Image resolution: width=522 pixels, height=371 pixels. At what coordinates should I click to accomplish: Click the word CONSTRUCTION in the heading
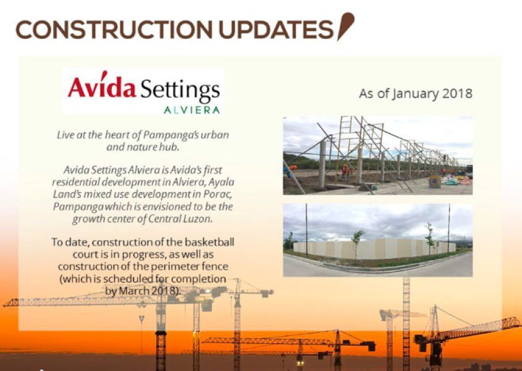coord(114,29)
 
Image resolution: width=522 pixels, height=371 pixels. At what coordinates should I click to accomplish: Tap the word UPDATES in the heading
coord(276,29)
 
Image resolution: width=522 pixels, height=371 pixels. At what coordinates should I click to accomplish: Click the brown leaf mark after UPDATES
coord(345,27)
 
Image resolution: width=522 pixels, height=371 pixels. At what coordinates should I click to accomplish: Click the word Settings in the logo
coord(180,89)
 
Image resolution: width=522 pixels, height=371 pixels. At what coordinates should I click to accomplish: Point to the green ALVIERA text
coord(192,110)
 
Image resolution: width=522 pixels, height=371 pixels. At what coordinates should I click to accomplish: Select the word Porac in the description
coord(219,194)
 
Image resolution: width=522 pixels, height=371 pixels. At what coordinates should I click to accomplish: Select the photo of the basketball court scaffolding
coord(377,155)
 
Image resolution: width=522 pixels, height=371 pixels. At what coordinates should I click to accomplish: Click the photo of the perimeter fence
coord(377,240)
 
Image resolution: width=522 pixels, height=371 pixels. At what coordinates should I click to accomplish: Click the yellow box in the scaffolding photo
coord(434,182)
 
